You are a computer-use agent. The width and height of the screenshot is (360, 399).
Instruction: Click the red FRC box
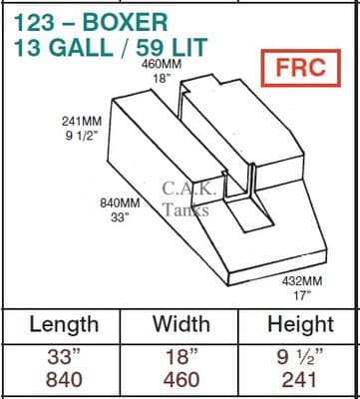pyautogui.click(x=301, y=68)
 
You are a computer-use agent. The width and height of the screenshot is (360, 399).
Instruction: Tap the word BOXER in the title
pyautogui.click(x=125, y=22)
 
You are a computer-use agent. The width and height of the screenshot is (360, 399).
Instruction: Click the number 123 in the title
pyautogui.click(x=34, y=22)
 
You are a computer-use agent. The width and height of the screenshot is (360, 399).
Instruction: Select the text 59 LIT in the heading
pyautogui.click(x=172, y=48)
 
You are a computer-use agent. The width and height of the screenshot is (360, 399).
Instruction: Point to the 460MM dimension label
pyautogui.click(x=162, y=64)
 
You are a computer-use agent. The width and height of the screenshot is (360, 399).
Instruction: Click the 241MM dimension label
pyautogui.click(x=82, y=121)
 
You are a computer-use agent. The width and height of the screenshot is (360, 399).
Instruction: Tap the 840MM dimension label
pyautogui.click(x=120, y=202)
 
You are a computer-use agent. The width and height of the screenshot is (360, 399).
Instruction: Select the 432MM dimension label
pyautogui.click(x=302, y=281)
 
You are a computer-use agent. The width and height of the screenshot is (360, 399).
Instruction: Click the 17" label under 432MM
pyautogui.click(x=300, y=295)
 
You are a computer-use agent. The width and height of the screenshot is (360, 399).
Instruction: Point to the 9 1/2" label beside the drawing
pyautogui.click(x=80, y=136)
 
